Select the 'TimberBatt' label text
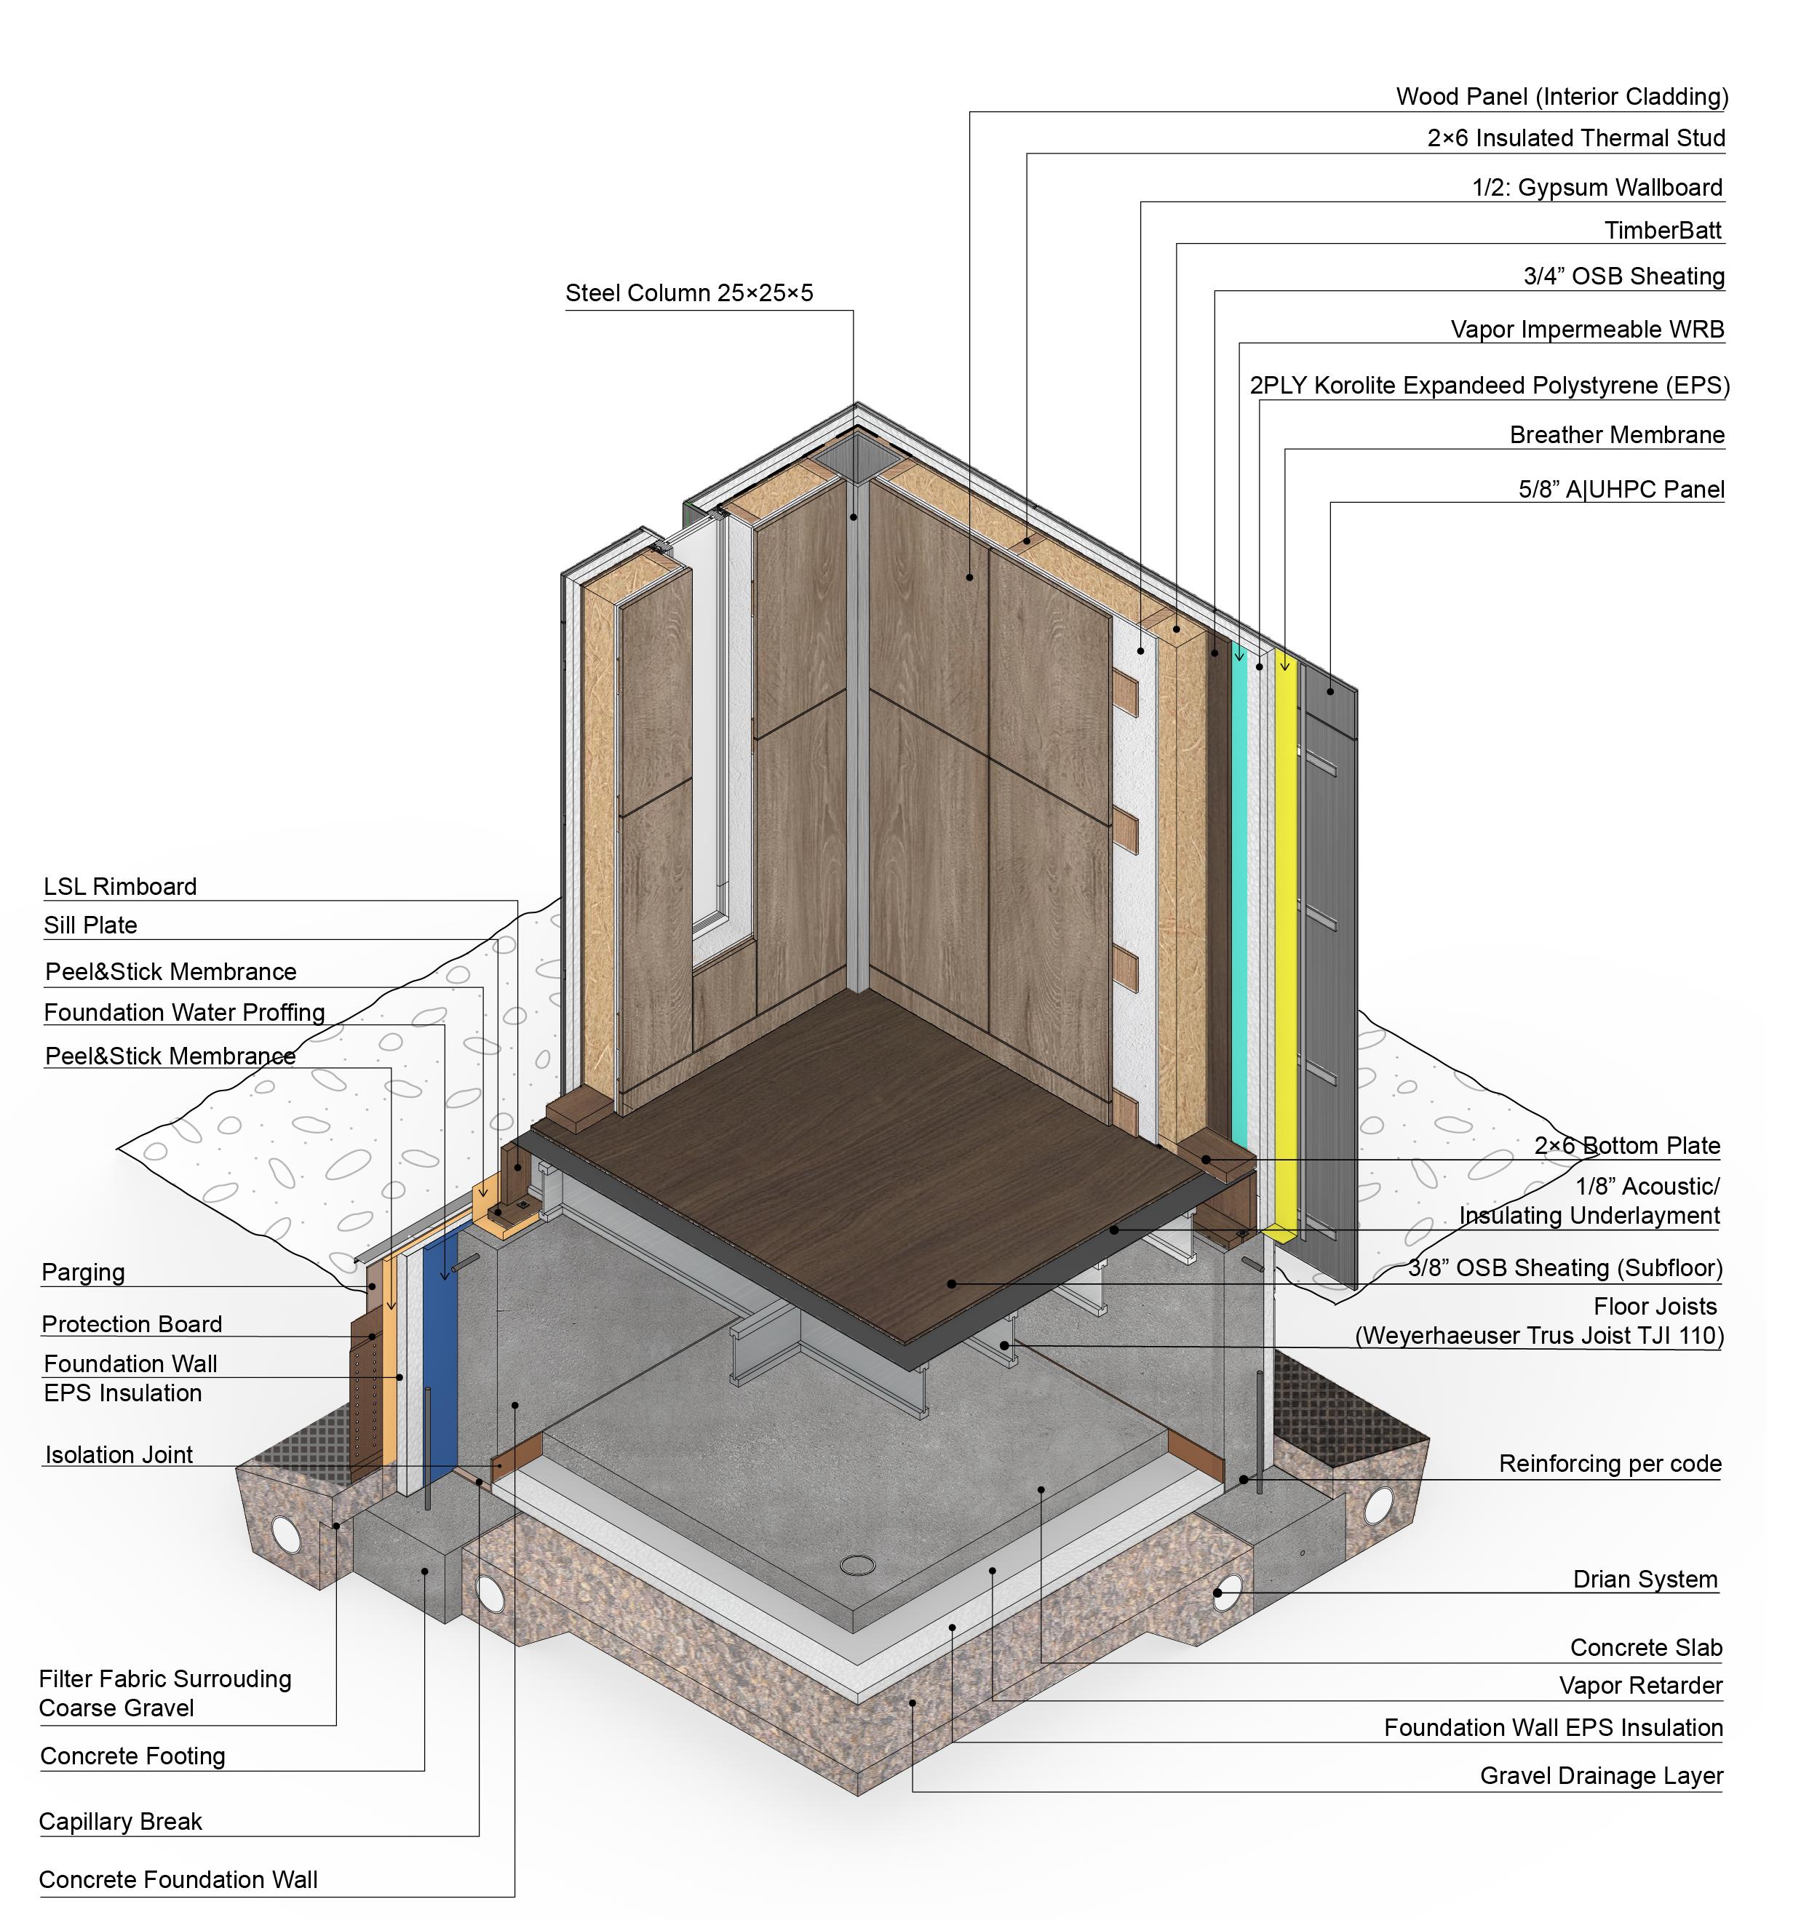pyautogui.click(x=1663, y=230)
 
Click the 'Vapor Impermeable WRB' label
pyautogui.click(x=1586, y=330)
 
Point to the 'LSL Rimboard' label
pyautogui.click(x=120, y=887)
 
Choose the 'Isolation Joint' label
pyautogui.click(x=119, y=1454)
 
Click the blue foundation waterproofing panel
pyautogui.click(x=440, y=1352)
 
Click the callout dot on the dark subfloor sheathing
pyautogui.click(x=952, y=1283)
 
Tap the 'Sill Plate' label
pyautogui.click(x=91, y=925)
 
